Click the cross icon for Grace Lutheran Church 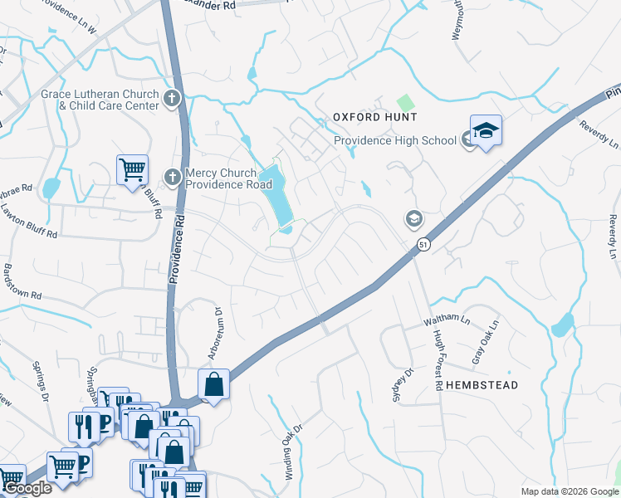pos(172,100)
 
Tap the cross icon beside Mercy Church pos(173,177)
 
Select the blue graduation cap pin pos(486,130)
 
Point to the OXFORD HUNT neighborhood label pos(374,118)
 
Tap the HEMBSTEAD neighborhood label pos(482,385)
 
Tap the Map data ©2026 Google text pos(570,491)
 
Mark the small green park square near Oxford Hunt pos(404,103)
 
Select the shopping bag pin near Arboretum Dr pos(213,384)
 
